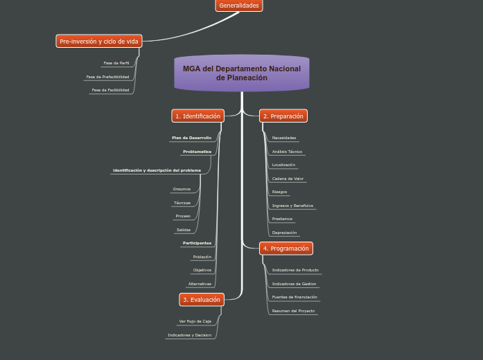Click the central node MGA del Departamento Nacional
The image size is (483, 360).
pyautogui.click(x=242, y=73)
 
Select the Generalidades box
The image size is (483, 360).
pyautogui.click(x=238, y=6)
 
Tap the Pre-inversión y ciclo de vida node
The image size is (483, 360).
pyautogui.click(x=98, y=42)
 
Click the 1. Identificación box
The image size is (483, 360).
pyautogui.click(x=197, y=116)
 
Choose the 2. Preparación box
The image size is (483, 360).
pyautogui.click(x=283, y=116)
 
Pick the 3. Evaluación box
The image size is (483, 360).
pyautogui.click(x=201, y=300)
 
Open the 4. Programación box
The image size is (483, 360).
pyautogui.click(x=286, y=249)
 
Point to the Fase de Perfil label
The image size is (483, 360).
pyautogui.click(x=116, y=63)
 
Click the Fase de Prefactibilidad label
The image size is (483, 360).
pyautogui.click(x=107, y=77)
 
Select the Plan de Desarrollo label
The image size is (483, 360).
pyautogui.click(x=191, y=138)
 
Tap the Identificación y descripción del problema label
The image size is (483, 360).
pyautogui.click(x=157, y=170)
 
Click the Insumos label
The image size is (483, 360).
pyautogui.click(x=182, y=189)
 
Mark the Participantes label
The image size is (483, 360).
pyautogui.click(x=197, y=243)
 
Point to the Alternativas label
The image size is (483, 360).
pyautogui.click(x=200, y=284)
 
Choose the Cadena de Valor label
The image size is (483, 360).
pyautogui.click(x=288, y=179)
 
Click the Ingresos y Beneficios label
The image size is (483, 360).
pyautogui.click(x=292, y=206)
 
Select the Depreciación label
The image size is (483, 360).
pyautogui.click(x=284, y=233)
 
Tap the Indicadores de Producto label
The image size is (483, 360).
pyautogui.click(x=295, y=270)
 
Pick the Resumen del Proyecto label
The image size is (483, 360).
pyautogui.click(x=293, y=311)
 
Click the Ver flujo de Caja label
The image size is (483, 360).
pyautogui.click(x=195, y=321)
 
